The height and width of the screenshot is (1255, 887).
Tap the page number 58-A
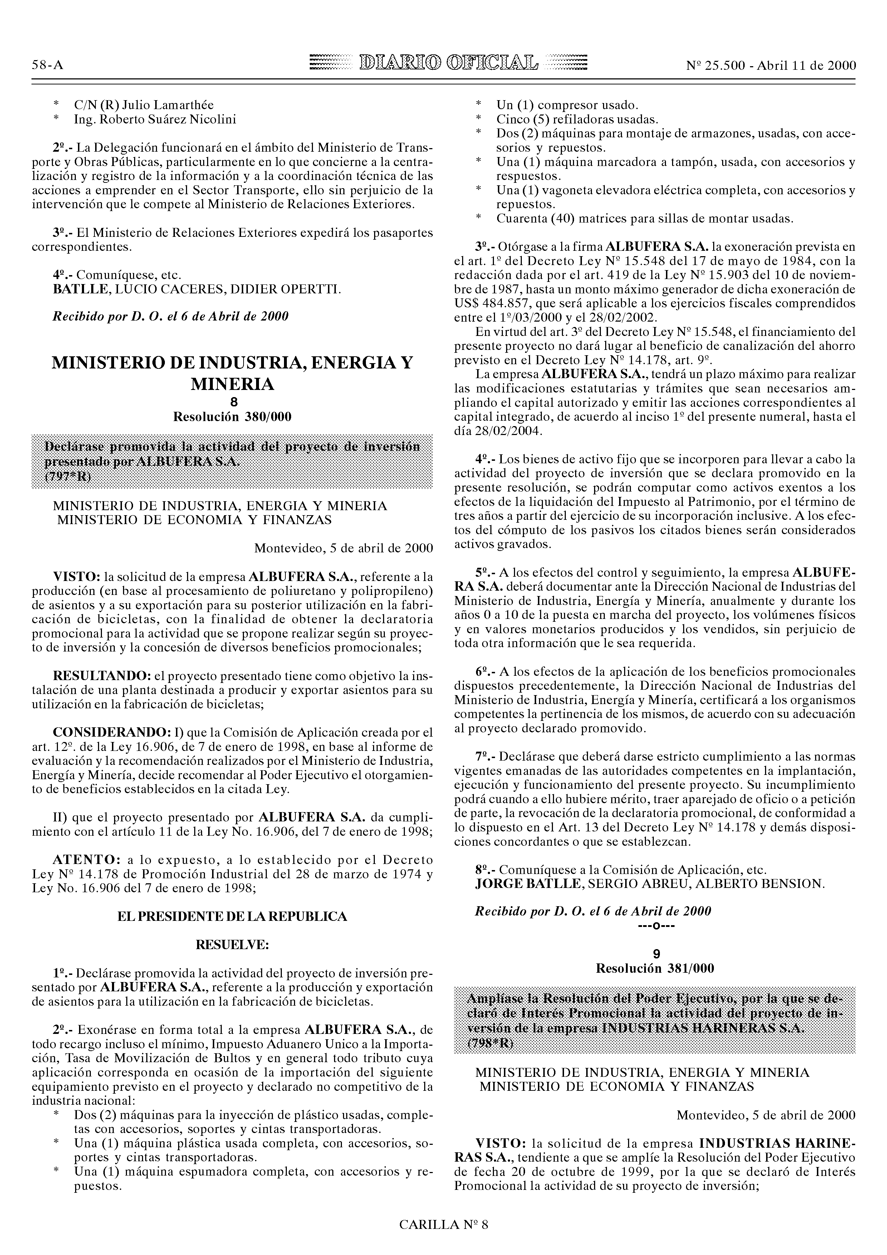pos(48,65)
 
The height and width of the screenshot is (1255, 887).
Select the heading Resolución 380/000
pos(232,417)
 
